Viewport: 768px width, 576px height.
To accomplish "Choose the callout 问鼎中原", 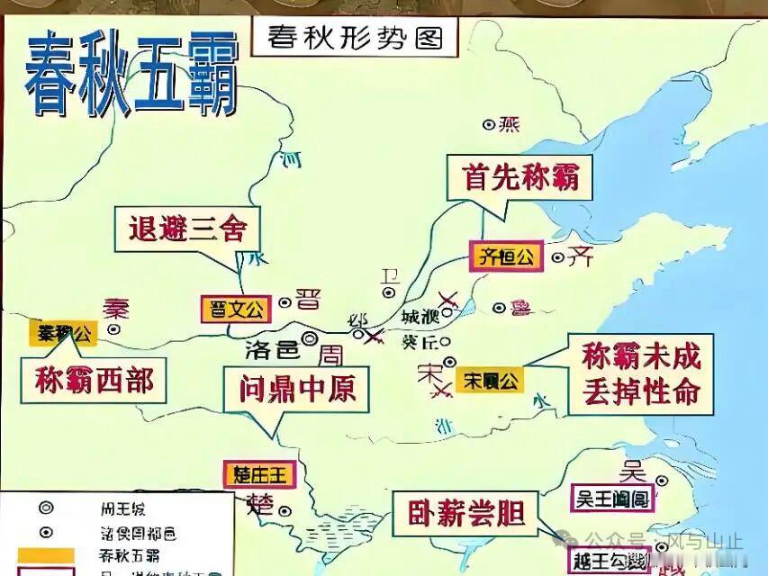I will pyautogui.click(x=297, y=388).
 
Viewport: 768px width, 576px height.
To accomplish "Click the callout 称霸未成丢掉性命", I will pyautogui.click(x=640, y=375).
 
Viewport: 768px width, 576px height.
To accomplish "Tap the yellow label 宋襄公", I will pyautogui.click(x=490, y=380).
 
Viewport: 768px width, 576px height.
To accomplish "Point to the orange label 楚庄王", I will pyautogui.click(x=258, y=474).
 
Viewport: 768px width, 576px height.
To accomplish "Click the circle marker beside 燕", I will pyautogui.click(x=489, y=124).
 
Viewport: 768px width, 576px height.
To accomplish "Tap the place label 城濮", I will pyautogui.click(x=420, y=317).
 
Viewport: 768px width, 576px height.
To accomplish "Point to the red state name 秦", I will pyautogui.click(x=115, y=309).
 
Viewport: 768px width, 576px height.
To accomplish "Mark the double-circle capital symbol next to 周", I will pyautogui.click(x=310, y=338).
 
